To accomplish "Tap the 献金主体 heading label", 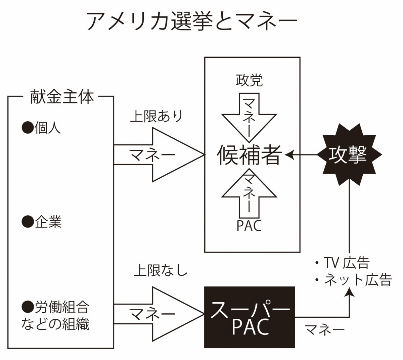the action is (x=62, y=97).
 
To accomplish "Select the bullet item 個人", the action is (x=41, y=128).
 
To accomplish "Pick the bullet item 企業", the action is (x=42, y=222).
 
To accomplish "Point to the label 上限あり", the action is (x=156, y=116).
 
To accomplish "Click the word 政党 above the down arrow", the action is (x=249, y=80).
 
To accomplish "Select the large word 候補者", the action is (x=250, y=155).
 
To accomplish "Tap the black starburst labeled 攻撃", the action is (x=349, y=154).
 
